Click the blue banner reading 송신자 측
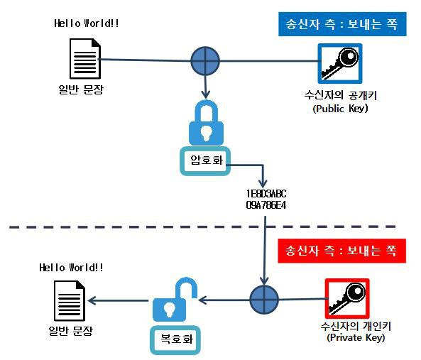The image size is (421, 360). [342, 24]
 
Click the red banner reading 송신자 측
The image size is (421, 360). [341, 251]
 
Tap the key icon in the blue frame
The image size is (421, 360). [340, 64]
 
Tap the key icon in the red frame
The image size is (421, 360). [347, 298]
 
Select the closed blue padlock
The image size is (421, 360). [206, 123]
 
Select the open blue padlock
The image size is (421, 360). [175, 300]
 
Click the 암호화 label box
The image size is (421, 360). [205, 161]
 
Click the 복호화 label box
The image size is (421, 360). [175, 340]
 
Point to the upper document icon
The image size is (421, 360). [85, 59]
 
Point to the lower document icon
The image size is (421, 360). [70, 300]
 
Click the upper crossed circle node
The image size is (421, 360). [205, 61]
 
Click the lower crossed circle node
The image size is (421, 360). [264, 300]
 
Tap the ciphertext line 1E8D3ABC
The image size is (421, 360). [266, 194]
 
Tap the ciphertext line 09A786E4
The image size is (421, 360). [266, 205]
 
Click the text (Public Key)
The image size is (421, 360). [340, 109]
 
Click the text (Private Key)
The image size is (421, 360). [356, 337]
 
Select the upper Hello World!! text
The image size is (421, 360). [87, 23]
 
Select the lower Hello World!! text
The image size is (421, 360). [71, 268]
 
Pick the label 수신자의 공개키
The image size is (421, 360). [341, 95]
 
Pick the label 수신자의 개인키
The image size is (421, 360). [356, 326]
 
